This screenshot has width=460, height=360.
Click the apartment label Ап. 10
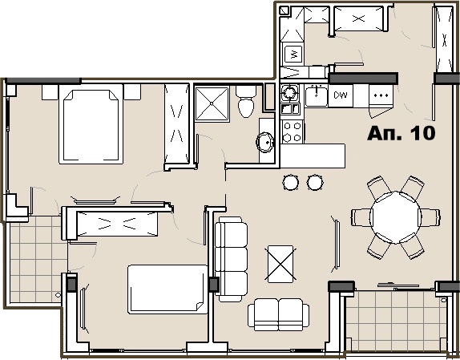click(401, 133)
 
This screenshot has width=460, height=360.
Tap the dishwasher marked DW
click(341, 95)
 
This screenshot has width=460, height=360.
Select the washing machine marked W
click(293, 54)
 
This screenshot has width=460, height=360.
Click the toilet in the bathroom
click(246, 102)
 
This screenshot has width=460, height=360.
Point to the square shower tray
click(212, 103)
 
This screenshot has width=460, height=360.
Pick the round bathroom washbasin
click(265, 142)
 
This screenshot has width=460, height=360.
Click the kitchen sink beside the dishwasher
click(316, 96)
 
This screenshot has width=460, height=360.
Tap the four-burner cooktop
click(293, 131)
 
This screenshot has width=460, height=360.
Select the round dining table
click(395, 217)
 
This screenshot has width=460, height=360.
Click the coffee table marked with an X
click(280, 264)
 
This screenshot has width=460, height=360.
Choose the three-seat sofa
click(231, 259)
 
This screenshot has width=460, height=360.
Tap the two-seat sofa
click(278, 314)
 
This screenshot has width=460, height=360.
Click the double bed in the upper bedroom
click(91, 123)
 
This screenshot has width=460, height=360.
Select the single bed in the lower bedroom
click(167, 289)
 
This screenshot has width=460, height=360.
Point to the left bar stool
click(291, 182)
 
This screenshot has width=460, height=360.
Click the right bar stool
click(315, 182)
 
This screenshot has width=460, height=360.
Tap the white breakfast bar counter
click(313, 156)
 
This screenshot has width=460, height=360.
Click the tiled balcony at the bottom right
click(397, 321)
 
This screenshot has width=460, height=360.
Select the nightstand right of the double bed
click(132, 92)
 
